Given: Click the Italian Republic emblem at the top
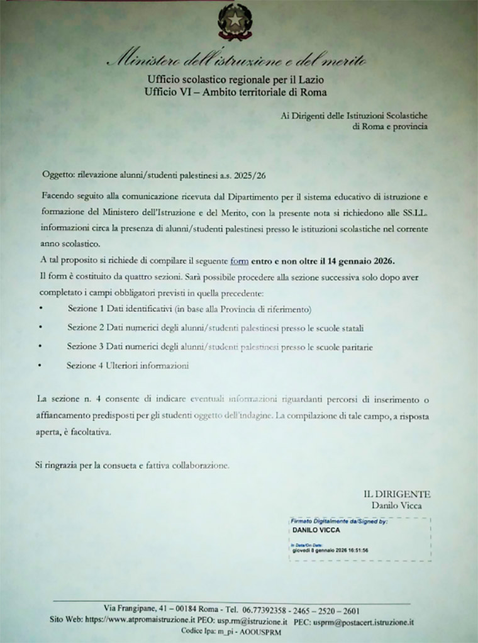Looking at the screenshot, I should (x=235, y=21).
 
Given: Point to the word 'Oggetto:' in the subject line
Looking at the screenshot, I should (x=58, y=174).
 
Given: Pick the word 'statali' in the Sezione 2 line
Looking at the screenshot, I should (x=352, y=328).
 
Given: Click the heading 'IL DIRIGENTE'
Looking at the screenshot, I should (x=397, y=494).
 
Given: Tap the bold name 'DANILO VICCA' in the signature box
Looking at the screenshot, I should (x=316, y=530).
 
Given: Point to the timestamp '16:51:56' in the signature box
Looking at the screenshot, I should (x=357, y=550).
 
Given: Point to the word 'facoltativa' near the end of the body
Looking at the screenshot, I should (x=93, y=433).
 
